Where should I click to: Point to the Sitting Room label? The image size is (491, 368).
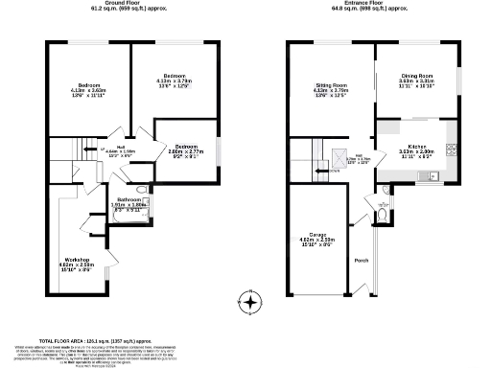(x=332, y=88)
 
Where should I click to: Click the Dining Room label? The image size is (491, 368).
(x=418, y=78)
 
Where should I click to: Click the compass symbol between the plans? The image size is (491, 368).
(x=251, y=303)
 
